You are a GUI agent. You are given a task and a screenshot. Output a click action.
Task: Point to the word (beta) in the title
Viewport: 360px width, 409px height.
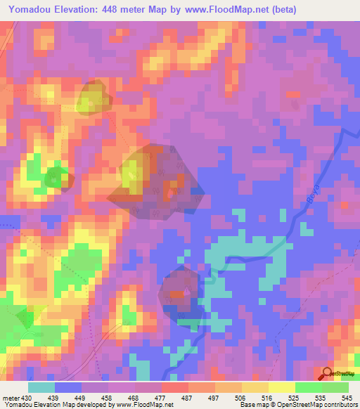281,10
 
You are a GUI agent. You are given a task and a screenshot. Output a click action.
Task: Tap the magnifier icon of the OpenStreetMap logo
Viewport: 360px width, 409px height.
327,374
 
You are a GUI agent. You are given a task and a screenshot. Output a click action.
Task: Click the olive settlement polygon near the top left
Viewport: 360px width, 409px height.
91,96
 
